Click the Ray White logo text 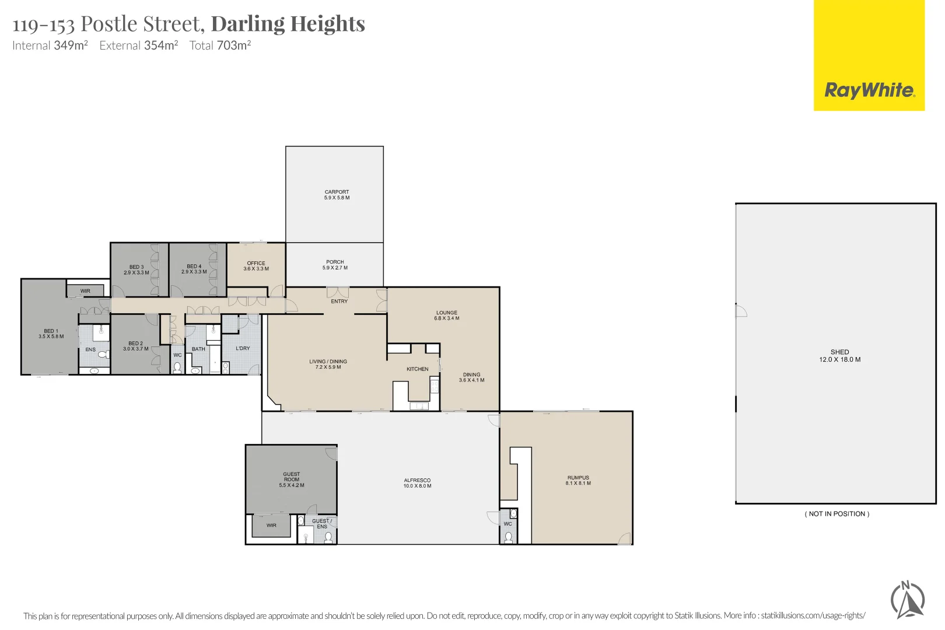click(x=869, y=90)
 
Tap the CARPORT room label click(x=337, y=192)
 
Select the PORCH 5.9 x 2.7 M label click(x=335, y=265)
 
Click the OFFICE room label click(x=256, y=263)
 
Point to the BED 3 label click(x=136, y=267)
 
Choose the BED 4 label click(x=194, y=267)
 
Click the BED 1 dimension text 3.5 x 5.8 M click(x=51, y=337)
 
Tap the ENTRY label click(x=339, y=302)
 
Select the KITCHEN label click(x=417, y=369)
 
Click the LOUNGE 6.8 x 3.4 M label click(x=447, y=316)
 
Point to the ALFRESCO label click(x=417, y=481)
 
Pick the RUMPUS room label click(x=578, y=478)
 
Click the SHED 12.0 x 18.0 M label click(x=839, y=356)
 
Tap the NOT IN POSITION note click(x=837, y=514)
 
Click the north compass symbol click(x=907, y=600)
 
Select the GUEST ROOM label click(x=292, y=477)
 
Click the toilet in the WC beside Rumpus click(x=508, y=537)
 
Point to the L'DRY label click(x=243, y=348)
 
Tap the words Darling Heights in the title click(x=288, y=24)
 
